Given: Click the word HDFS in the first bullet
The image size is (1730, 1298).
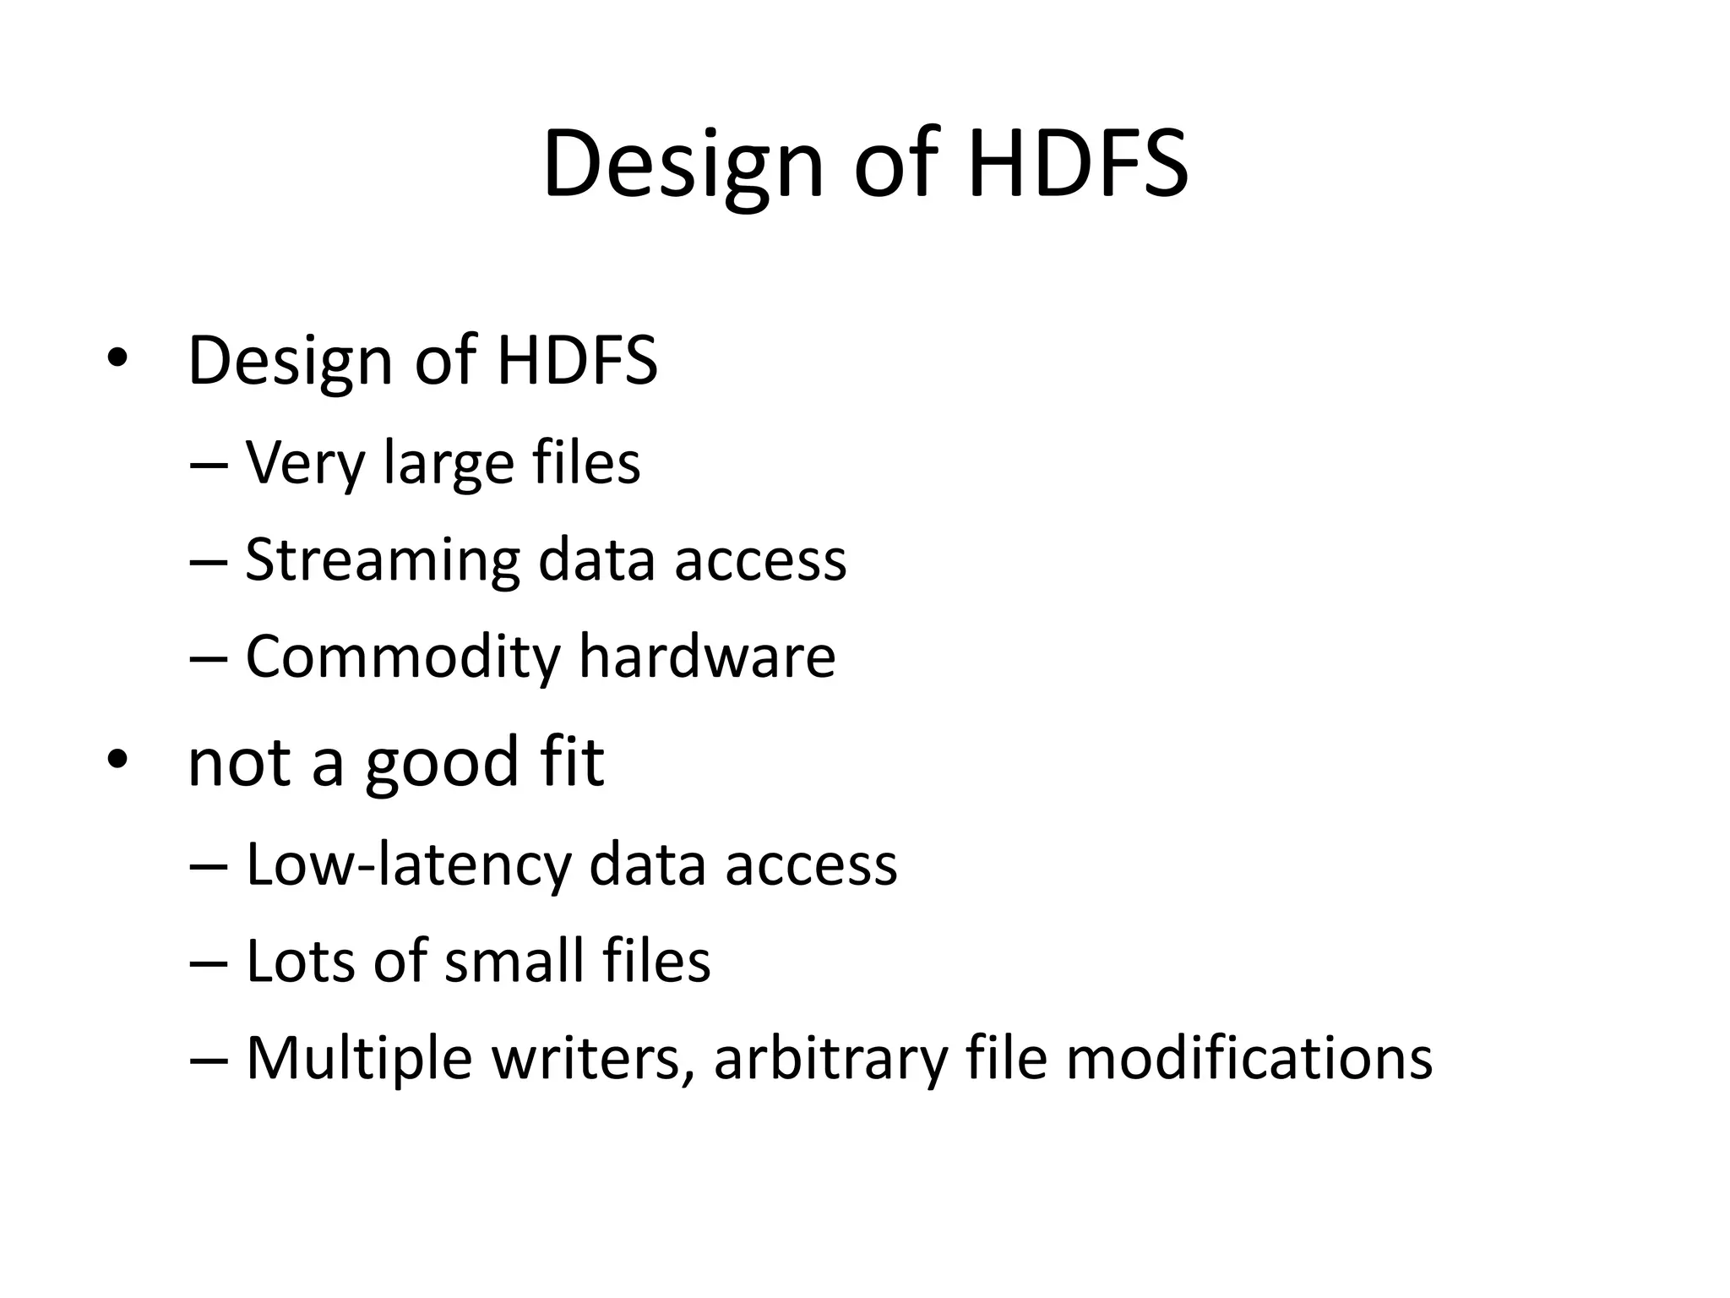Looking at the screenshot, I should point(577,361).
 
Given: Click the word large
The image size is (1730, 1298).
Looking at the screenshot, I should point(449,466).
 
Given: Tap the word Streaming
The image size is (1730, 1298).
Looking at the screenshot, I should point(382,561).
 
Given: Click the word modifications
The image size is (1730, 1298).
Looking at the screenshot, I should point(1249,1058).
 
